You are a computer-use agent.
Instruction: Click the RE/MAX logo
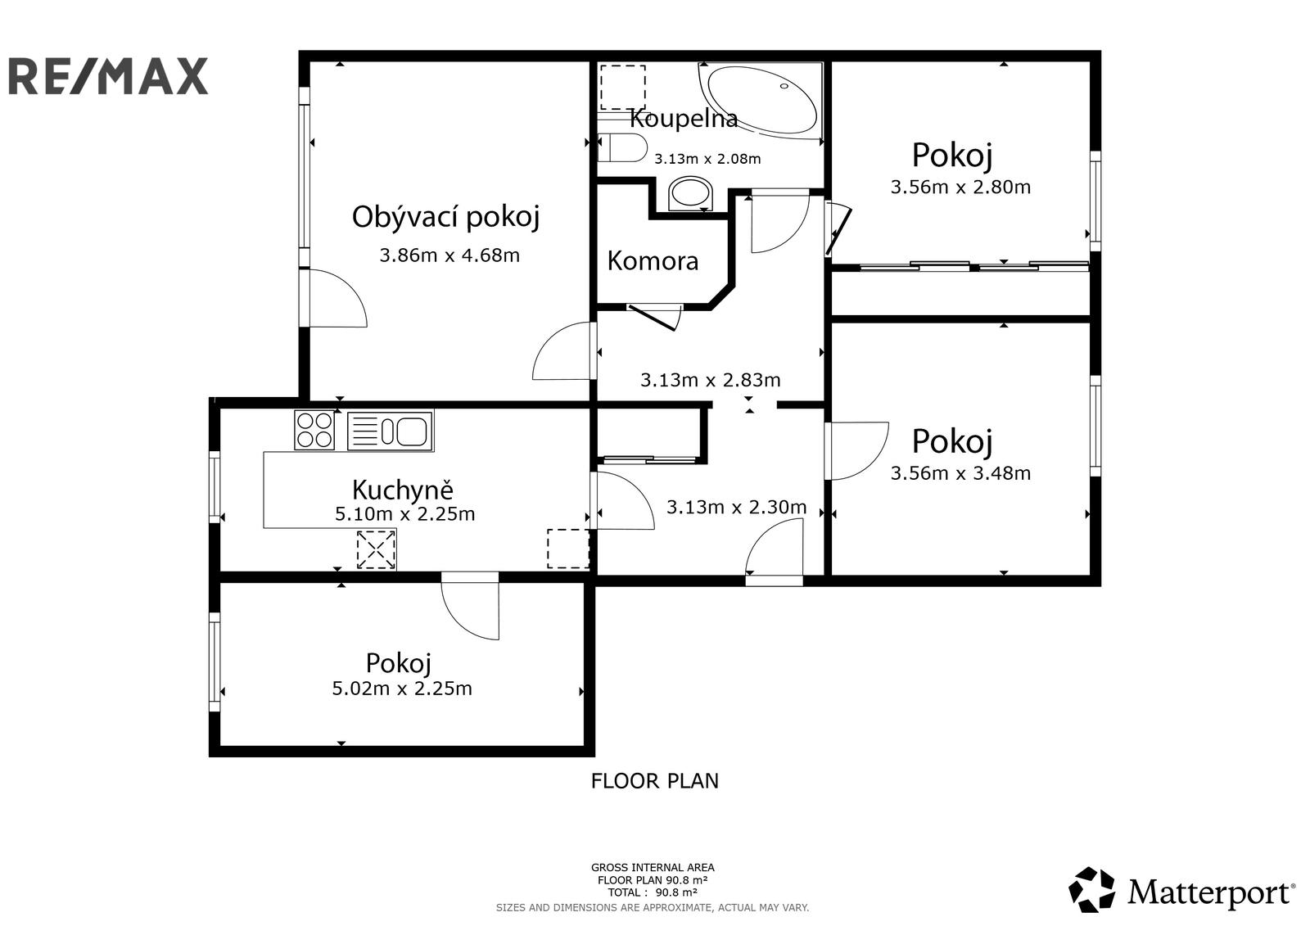point(108,76)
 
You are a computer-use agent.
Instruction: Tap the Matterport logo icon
point(1092,890)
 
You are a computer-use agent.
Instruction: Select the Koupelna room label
point(684,120)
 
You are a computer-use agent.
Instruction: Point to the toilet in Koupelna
point(624,148)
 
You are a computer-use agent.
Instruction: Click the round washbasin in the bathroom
point(690,193)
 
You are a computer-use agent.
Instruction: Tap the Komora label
point(653,261)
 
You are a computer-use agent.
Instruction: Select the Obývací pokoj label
point(446,217)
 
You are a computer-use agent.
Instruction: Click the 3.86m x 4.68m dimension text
point(449,255)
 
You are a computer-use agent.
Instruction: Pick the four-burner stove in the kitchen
point(314,430)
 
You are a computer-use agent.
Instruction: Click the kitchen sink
point(391,431)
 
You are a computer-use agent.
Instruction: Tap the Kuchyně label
point(402,490)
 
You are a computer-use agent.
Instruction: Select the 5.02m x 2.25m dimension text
point(402,689)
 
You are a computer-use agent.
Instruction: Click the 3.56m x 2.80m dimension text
point(960,187)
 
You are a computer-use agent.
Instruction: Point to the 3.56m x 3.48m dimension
point(960,473)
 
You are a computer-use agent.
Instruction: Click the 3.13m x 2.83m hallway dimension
point(710,380)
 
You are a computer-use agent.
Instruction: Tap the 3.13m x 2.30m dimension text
point(736,508)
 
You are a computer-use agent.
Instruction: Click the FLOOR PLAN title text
point(654,781)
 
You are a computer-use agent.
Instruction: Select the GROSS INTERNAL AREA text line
point(653,868)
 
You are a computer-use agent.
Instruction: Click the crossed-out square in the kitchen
point(377,549)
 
